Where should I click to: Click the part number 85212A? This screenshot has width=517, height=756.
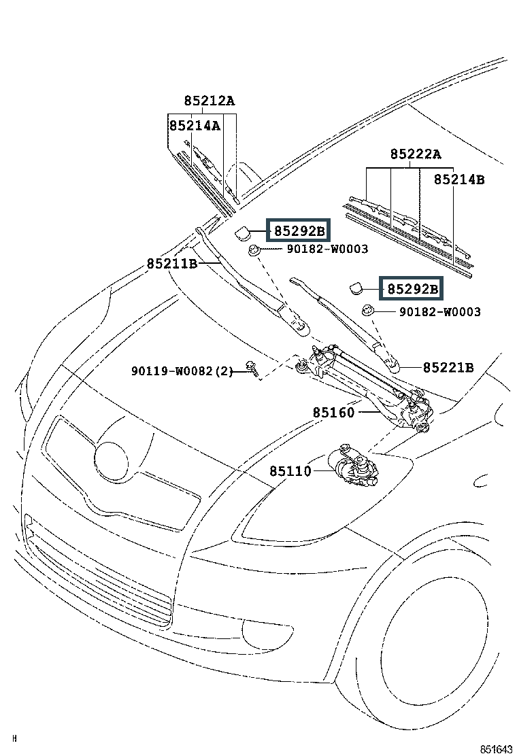pyautogui.click(x=210, y=101)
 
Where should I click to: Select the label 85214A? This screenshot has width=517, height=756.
pyautogui.click(x=195, y=125)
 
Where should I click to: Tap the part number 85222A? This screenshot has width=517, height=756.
pyautogui.click(x=416, y=154)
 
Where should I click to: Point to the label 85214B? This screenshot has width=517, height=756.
pyautogui.click(x=459, y=179)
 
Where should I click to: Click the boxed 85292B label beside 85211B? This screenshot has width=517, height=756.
pyautogui.click(x=299, y=231)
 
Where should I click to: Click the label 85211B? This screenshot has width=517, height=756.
pyautogui.click(x=172, y=264)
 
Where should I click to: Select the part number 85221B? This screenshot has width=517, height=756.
pyautogui.click(x=448, y=367)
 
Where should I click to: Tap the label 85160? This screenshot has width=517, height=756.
pyautogui.click(x=333, y=413)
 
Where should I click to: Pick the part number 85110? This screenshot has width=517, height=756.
pyautogui.click(x=290, y=471)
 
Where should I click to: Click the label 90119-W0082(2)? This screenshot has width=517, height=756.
pyautogui.click(x=182, y=371)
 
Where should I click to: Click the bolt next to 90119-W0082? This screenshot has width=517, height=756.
pyautogui.click(x=252, y=367)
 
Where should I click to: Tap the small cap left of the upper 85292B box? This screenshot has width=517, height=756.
pyautogui.click(x=242, y=233)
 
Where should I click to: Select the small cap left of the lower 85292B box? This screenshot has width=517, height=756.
pyautogui.click(x=356, y=288)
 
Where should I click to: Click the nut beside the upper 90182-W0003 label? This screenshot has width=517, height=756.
pyautogui.click(x=254, y=250)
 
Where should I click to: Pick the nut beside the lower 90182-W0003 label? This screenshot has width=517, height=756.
pyautogui.click(x=368, y=310)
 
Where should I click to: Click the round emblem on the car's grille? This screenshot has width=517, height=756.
pyautogui.click(x=112, y=461)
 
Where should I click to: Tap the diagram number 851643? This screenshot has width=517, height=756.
pyautogui.click(x=497, y=749)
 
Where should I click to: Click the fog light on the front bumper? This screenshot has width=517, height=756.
pyautogui.click(x=267, y=632)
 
